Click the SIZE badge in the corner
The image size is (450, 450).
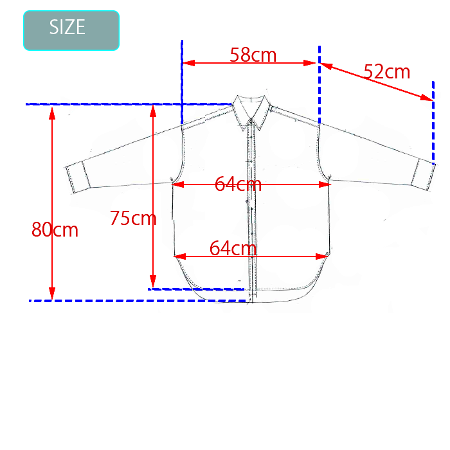[71, 30]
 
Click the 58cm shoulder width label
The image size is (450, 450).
[253, 55]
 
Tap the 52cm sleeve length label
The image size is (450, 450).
[387, 71]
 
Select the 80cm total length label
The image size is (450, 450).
[55, 230]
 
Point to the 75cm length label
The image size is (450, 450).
[133, 218]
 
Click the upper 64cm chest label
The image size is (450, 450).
[238, 184]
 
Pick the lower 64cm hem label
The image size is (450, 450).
[233, 248]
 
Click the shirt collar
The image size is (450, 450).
[251, 112]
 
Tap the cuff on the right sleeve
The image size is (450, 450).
[424, 174]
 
